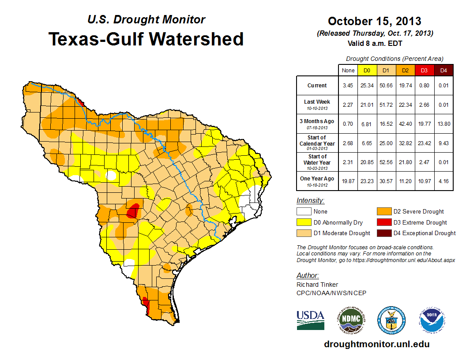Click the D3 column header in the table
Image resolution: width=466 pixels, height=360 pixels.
(x=424, y=70)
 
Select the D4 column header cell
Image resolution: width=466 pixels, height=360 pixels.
(x=443, y=70)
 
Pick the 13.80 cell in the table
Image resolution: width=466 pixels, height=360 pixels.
(x=443, y=124)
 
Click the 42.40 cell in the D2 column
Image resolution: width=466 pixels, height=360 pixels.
(x=405, y=124)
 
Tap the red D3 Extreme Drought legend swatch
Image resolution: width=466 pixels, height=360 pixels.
(x=383, y=222)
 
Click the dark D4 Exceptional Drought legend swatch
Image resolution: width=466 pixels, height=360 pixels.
(x=383, y=233)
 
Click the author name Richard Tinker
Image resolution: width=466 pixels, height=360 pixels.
(x=317, y=285)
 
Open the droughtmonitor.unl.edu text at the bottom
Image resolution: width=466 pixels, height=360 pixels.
(x=376, y=344)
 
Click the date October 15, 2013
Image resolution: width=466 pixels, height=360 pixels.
(x=374, y=21)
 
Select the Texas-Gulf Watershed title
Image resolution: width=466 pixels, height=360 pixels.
(x=146, y=39)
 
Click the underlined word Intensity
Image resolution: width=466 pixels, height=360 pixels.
(x=310, y=201)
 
